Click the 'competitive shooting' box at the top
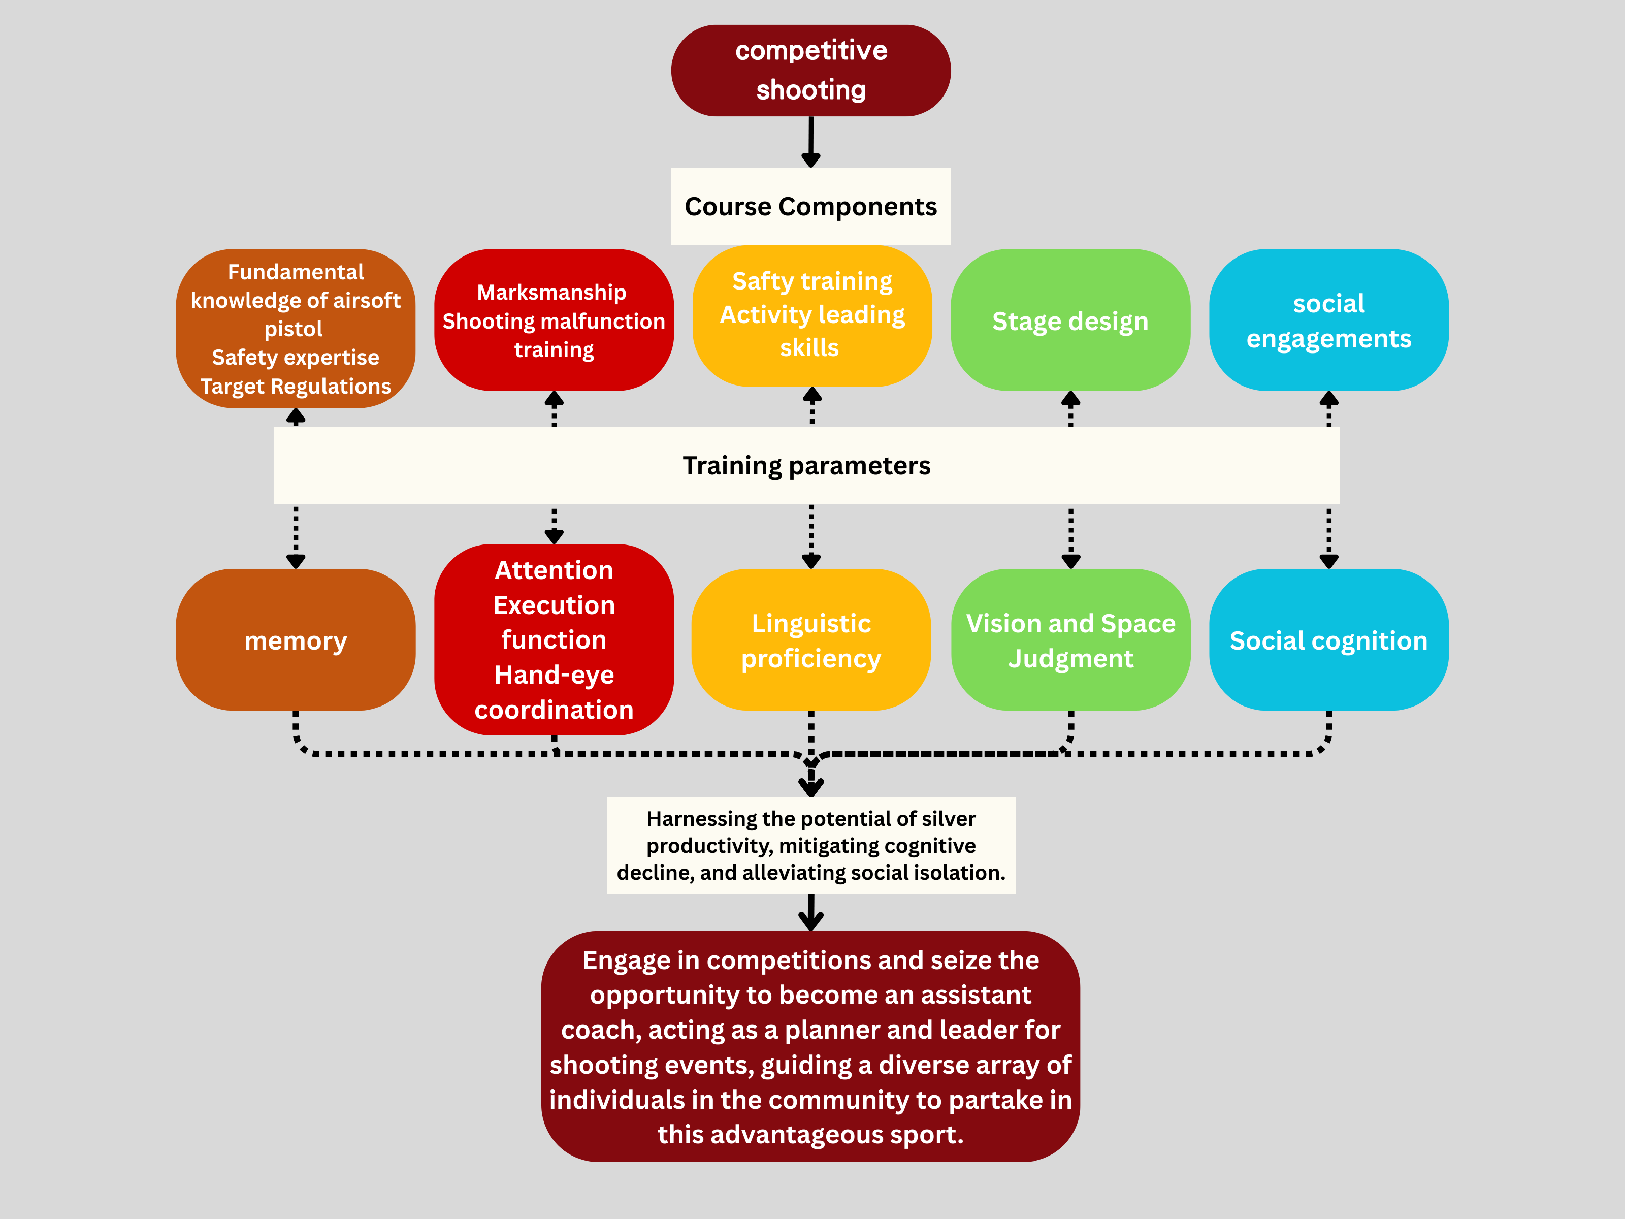pos(810,71)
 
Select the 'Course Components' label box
pos(810,207)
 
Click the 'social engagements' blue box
pos(1328,321)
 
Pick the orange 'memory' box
pos(296,640)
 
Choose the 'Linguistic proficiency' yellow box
pos(810,640)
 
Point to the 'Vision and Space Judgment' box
pos(1070,640)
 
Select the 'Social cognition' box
pos(1328,640)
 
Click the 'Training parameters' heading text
pos(806,466)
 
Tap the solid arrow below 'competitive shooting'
pos(810,143)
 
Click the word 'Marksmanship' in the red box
pos(551,293)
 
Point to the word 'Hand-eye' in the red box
pos(554,675)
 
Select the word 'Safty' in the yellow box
pos(760,281)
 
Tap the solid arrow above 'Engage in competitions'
pos(810,913)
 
